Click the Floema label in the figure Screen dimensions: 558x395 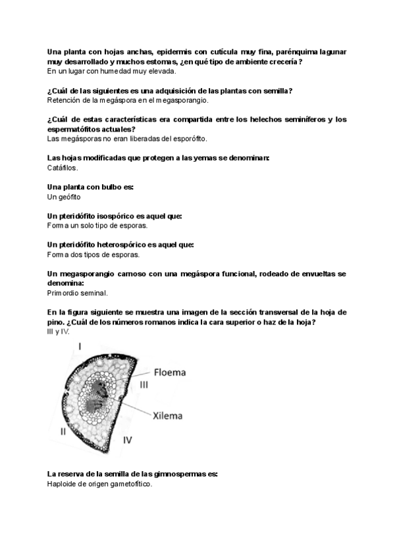[171, 372]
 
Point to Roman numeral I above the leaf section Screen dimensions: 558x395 [80, 345]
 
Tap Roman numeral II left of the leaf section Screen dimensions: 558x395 [63, 432]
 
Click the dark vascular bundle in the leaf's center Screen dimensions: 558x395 [99, 394]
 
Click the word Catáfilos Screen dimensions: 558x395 [63, 168]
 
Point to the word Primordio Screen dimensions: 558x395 [65, 293]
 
